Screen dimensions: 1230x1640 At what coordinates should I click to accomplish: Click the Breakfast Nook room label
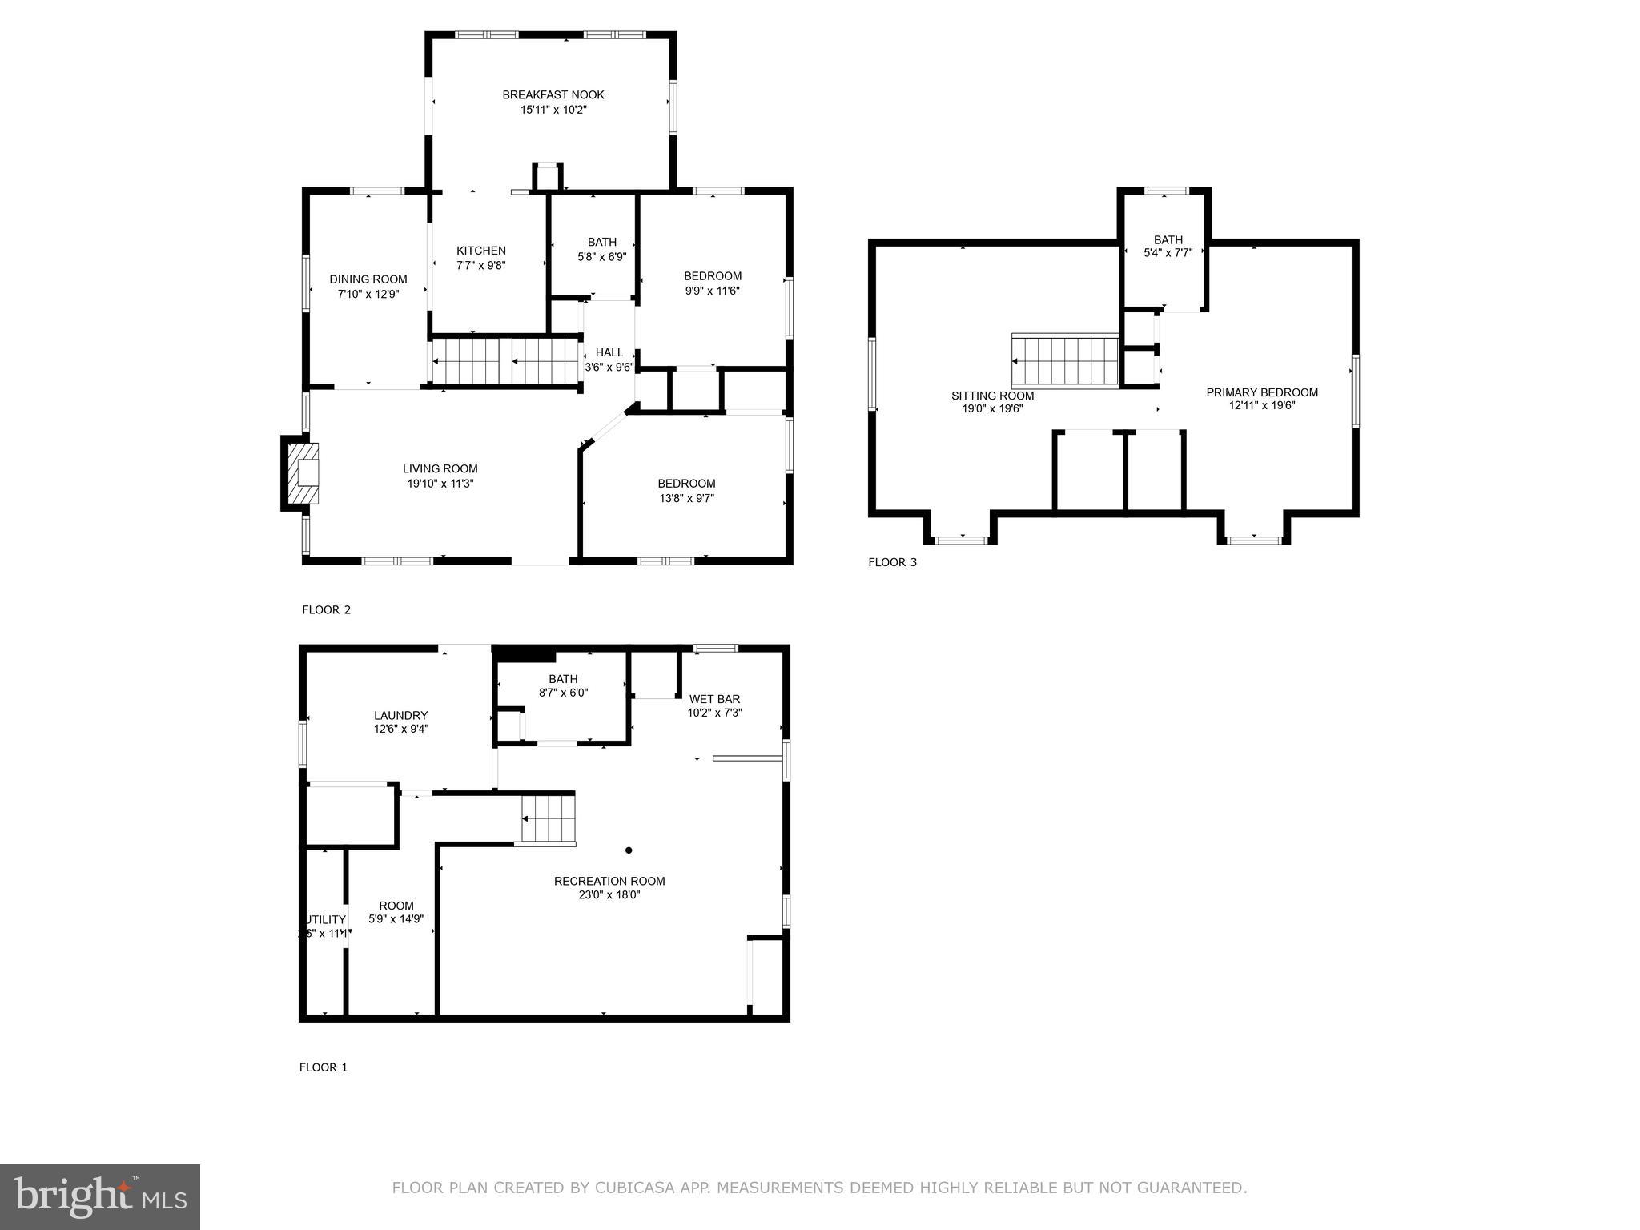pyautogui.click(x=553, y=94)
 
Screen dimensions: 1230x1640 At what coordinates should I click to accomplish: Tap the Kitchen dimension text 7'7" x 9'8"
pyautogui.click(x=480, y=265)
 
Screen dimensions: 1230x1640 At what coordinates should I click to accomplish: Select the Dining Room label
pyautogui.click(x=368, y=279)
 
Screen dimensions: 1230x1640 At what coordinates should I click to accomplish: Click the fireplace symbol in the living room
pyautogui.click(x=301, y=473)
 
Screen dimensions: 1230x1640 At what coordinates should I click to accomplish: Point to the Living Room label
pyautogui.click(x=440, y=469)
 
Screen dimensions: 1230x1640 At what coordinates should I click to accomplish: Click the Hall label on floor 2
pyautogui.click(x=609, y=352)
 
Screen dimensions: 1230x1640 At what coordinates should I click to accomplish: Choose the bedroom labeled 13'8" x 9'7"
pyautogui.click(x=686, y=484)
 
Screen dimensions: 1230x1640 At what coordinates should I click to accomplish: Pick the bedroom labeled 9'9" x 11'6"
pyautogui.click(x=712, y=276)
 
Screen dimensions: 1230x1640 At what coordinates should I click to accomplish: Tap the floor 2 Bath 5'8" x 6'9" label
pyautogui.click(x=601, y=242)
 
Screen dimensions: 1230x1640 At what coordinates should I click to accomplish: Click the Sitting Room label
pyautogui.click(x=991, y=396)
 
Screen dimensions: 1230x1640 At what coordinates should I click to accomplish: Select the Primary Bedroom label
pyautogui.click(x=1261, y=392)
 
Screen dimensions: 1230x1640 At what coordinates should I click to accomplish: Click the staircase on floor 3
pyautogui.click(x=1064, y=361)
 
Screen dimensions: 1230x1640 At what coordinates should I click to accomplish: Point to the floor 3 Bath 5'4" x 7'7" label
pyautogui.click(x=1168, y=240)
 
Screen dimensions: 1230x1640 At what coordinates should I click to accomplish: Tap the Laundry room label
pyautogui.click(x=400, y=716)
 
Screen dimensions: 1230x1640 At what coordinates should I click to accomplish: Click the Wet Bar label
pyautogui.click(x=714, y=699)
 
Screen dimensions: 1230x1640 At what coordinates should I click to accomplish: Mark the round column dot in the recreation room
pyautogui.click(x=629, y=850)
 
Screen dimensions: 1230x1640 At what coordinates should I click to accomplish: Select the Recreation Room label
pyautogui.click(x=609, y=881)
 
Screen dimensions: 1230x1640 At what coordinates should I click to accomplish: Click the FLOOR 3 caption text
pyautogui.click(x=892, y=562)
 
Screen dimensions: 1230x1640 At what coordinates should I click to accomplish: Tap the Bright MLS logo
pyautogui.click(x=100, y=1197)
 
